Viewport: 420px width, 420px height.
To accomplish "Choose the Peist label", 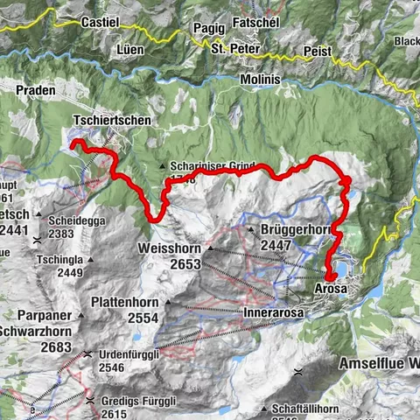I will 319,52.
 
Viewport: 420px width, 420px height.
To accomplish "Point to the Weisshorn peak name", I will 169,248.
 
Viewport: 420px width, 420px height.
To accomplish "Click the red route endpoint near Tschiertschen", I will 75,143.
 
